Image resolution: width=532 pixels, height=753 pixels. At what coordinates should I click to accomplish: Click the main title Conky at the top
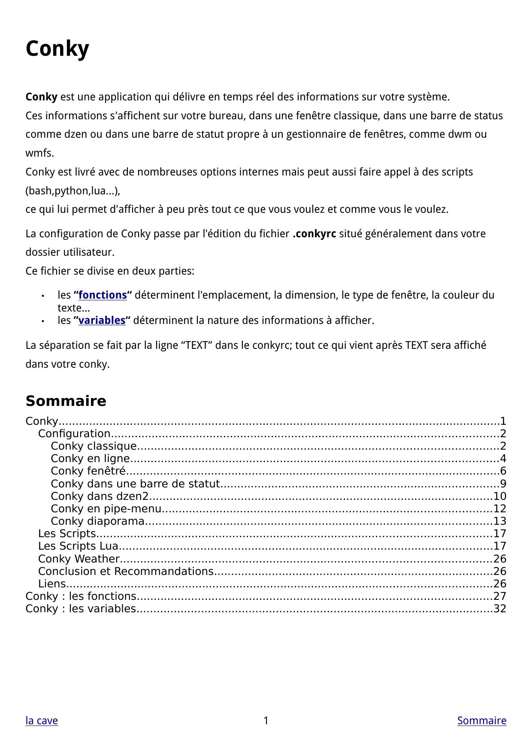(x=57, y=48)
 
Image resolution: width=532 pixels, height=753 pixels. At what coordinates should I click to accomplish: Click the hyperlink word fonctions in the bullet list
(x=103, y=295)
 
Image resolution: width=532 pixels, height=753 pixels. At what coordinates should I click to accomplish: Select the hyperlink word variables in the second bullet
(x=102, y=321)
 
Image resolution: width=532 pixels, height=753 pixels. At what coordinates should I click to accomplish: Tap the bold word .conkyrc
(x=314, y=234)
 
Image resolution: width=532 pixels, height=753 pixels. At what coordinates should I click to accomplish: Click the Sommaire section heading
(x=66, y=401)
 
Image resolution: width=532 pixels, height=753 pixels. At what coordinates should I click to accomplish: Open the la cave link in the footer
(x=42, y=720)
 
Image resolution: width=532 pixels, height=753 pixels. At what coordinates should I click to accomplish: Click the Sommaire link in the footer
(x=481, y=720)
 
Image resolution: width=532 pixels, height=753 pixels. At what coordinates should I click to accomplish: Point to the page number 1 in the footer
(x=266, y=720)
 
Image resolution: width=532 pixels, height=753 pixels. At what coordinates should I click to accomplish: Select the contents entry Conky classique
(x=94, y=446)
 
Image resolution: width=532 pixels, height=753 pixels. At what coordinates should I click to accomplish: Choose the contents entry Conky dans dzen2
(x=100, y=496)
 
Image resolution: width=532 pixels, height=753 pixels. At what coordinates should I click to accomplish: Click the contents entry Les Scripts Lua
(x=78, y=546)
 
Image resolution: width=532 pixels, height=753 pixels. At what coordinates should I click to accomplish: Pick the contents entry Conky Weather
(x=79, y=559)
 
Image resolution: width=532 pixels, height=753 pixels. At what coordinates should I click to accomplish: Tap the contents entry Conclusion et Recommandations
(x=126, y=572)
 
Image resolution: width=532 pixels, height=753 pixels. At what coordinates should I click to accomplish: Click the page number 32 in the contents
(x=500, y=609)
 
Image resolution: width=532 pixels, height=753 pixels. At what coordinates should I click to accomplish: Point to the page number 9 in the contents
(x=503, y=484)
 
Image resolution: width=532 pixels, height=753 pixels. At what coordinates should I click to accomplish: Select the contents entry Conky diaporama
(x=98, y=521)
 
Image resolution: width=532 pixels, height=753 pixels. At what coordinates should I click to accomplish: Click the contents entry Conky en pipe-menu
(x=106, y=509)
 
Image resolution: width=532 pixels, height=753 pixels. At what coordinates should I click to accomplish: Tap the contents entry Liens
(x=51, y=584)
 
